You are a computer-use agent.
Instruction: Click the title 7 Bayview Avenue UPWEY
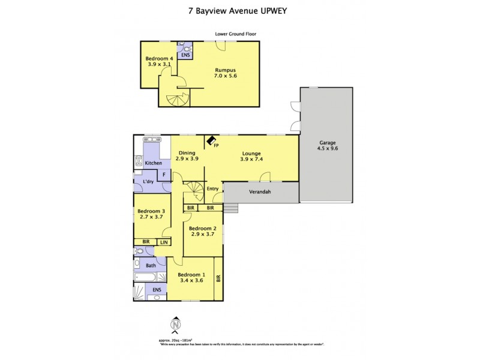point(239,11)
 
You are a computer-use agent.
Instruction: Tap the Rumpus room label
point(223,73)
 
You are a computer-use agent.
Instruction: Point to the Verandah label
point(260,193)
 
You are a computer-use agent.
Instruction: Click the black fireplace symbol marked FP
point(212,140)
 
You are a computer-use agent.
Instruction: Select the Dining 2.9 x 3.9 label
point(187,155)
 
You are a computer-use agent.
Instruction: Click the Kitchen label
point(153,163)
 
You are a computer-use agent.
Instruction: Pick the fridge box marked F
point(163,175)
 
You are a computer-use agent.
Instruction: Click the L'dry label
point(142,182)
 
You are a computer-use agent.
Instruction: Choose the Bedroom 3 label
point(151,214)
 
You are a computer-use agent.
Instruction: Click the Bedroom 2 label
point(202,232)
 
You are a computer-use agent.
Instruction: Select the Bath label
point(151,265)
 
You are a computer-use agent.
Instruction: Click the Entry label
point(212,189)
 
